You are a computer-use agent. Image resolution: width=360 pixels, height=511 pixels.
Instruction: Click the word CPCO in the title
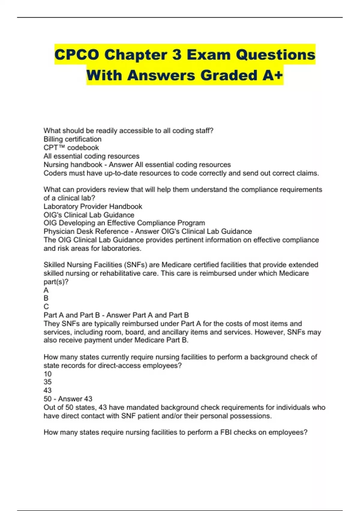click(x=77, y=55)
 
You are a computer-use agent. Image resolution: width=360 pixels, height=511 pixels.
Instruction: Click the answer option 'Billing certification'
click(x=72, y=139)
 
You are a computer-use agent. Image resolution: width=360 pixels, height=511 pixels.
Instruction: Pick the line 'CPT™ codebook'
click(x=71, y=148)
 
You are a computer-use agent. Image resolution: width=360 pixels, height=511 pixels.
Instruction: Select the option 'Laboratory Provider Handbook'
click(x=93, y=207)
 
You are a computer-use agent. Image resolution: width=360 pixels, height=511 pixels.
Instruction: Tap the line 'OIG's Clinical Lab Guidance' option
click(x=89, y=215)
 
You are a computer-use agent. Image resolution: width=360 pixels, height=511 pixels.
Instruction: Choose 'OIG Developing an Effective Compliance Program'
click(x=124, y=223)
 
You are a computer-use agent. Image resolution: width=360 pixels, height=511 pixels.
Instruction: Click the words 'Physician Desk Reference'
click(x=86, y=231)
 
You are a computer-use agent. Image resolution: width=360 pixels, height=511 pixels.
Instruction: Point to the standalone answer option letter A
click(x=46, y=290)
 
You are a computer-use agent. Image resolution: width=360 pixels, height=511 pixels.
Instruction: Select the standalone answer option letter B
click(x=46, y=298)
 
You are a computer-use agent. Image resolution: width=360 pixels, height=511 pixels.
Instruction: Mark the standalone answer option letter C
click(x=46, y=307)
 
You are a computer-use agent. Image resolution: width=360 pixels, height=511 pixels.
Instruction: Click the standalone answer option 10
click(x=47, y=374)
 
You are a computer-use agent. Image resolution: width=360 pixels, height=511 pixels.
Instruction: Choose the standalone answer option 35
click(x=47, y=382)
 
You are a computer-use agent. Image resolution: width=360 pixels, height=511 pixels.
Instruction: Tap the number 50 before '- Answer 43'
click(x=47, y=399)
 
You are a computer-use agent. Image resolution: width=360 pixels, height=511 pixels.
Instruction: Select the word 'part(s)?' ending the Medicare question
click(x=56, y=282)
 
